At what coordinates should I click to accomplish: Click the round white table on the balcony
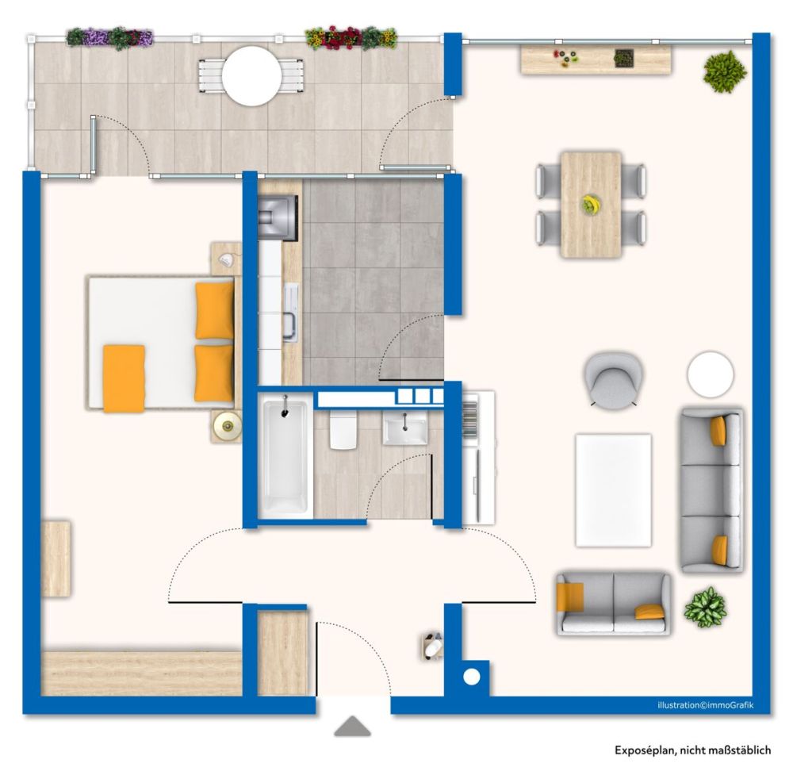coord(251,76)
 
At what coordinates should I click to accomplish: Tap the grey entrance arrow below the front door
coord(352,727)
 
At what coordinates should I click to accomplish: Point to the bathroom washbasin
coord(405,428)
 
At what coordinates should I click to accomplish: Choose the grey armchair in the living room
coord(614,378)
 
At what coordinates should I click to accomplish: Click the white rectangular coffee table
coord(613,489)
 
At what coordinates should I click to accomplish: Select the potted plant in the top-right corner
coord(724,72)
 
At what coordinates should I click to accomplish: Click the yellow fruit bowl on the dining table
coord(590,205)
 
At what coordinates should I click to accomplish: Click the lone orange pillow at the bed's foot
coord(124,378)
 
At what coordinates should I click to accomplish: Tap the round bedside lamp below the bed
coord(228,427)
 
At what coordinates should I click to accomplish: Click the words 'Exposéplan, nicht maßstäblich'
coord(692,750)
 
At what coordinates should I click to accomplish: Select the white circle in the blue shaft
coord(472,677)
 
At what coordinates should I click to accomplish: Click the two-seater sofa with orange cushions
coord(613,603)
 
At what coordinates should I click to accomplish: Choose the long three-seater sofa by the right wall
coord(712,489)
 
